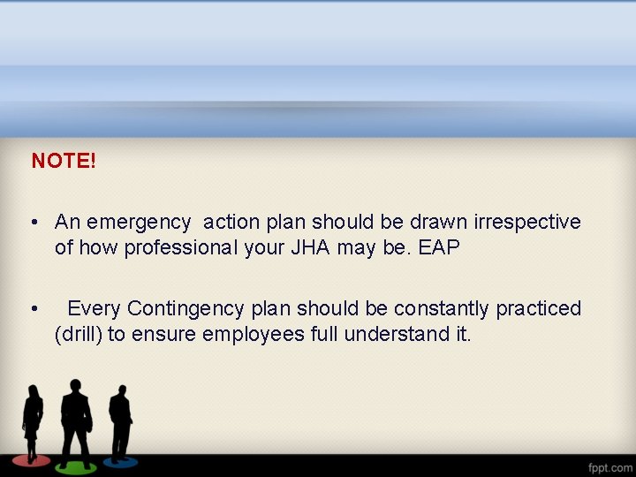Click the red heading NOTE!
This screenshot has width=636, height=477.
[64, 161]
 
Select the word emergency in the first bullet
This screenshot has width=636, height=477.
[140, 222]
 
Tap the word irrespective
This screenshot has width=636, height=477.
[527, 222]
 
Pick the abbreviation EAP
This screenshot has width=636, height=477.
[439, 247]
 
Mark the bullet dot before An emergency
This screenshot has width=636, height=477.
[33, 222]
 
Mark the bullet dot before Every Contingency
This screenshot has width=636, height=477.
[33, 309]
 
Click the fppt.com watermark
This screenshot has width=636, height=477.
[610, 466]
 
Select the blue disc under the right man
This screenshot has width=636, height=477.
[120, 460]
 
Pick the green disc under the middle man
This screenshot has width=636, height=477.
[76, 465]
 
